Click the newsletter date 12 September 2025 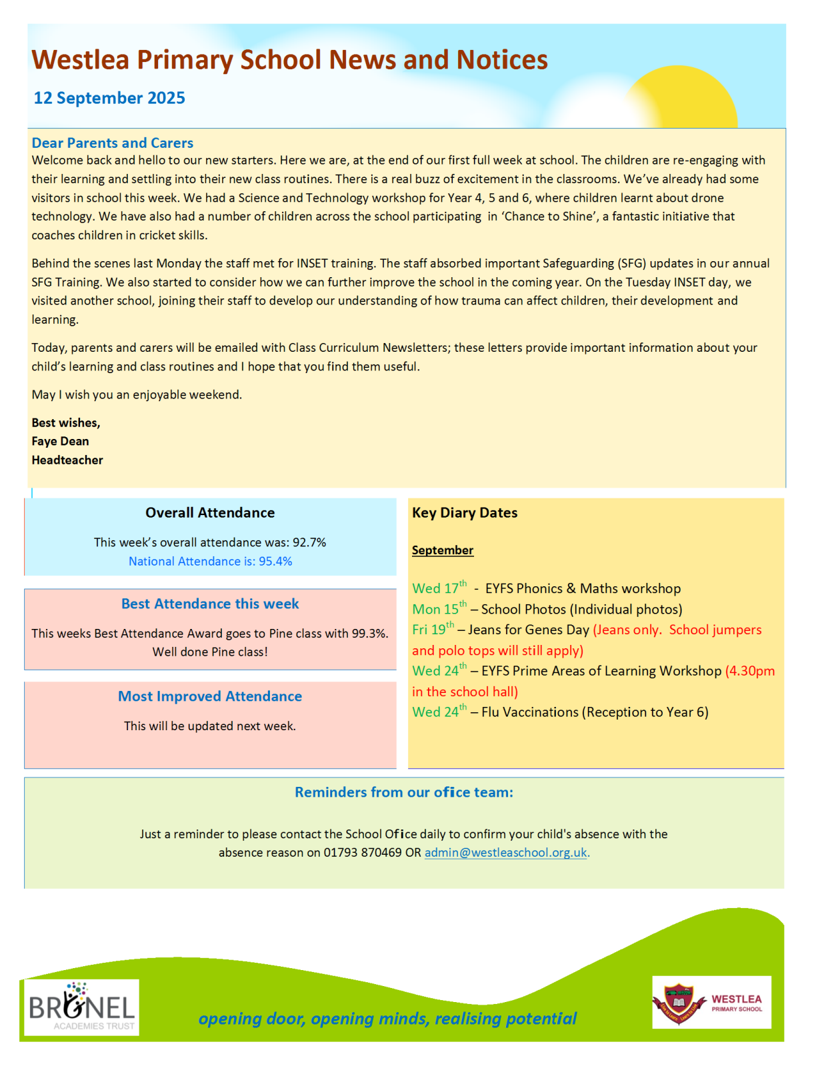point(109,98)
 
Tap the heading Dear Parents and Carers point(112,143)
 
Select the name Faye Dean point(60,441)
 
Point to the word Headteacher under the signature point(67,460)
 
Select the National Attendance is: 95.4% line point(210,561)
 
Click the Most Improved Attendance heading point(210,696)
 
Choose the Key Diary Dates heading point(465,512)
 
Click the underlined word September point(443,550)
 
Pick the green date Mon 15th point(439,609)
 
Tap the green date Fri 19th point(433,630)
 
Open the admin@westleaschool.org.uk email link point(506,853)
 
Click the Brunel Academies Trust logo point(82,1007)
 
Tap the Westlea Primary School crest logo point(711,1002)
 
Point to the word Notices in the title point(502,60)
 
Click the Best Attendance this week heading point(210,604)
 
